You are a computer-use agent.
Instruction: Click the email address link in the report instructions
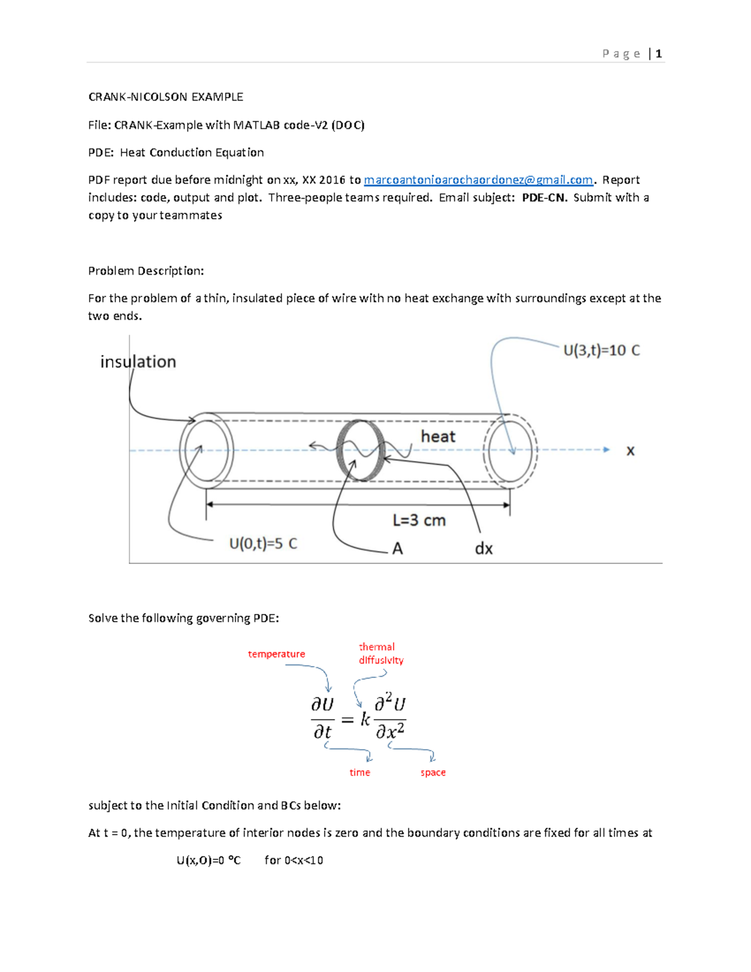pos(478,180)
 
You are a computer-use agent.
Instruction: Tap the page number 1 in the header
pos(658,54)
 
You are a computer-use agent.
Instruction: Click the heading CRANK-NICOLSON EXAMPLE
pos(165,97)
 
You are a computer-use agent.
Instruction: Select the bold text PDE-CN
pos(543,198)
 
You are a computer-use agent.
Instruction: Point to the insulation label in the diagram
pos(138,362)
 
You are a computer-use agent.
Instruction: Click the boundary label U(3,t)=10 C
pos(601,350)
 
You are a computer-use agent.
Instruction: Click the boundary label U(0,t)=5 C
pos(263,543)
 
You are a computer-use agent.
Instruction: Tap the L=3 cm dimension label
pos(419,520)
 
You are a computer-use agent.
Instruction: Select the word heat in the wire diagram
pos(437,436)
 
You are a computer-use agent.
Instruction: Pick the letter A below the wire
pos(397,549)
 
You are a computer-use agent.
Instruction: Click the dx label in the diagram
pos(484,549)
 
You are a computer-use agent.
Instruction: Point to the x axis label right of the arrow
pos(630,451)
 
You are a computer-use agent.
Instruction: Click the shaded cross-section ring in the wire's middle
pos(360,450)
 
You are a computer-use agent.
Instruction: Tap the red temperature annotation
pos(276,654)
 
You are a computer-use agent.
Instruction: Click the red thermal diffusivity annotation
pos(381,653)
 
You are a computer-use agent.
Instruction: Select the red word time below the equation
pos(359,772)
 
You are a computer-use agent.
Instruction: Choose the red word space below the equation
pos(432,772)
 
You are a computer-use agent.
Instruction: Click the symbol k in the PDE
pos(365,720)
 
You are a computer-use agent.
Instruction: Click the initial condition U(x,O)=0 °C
pos(208,860)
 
